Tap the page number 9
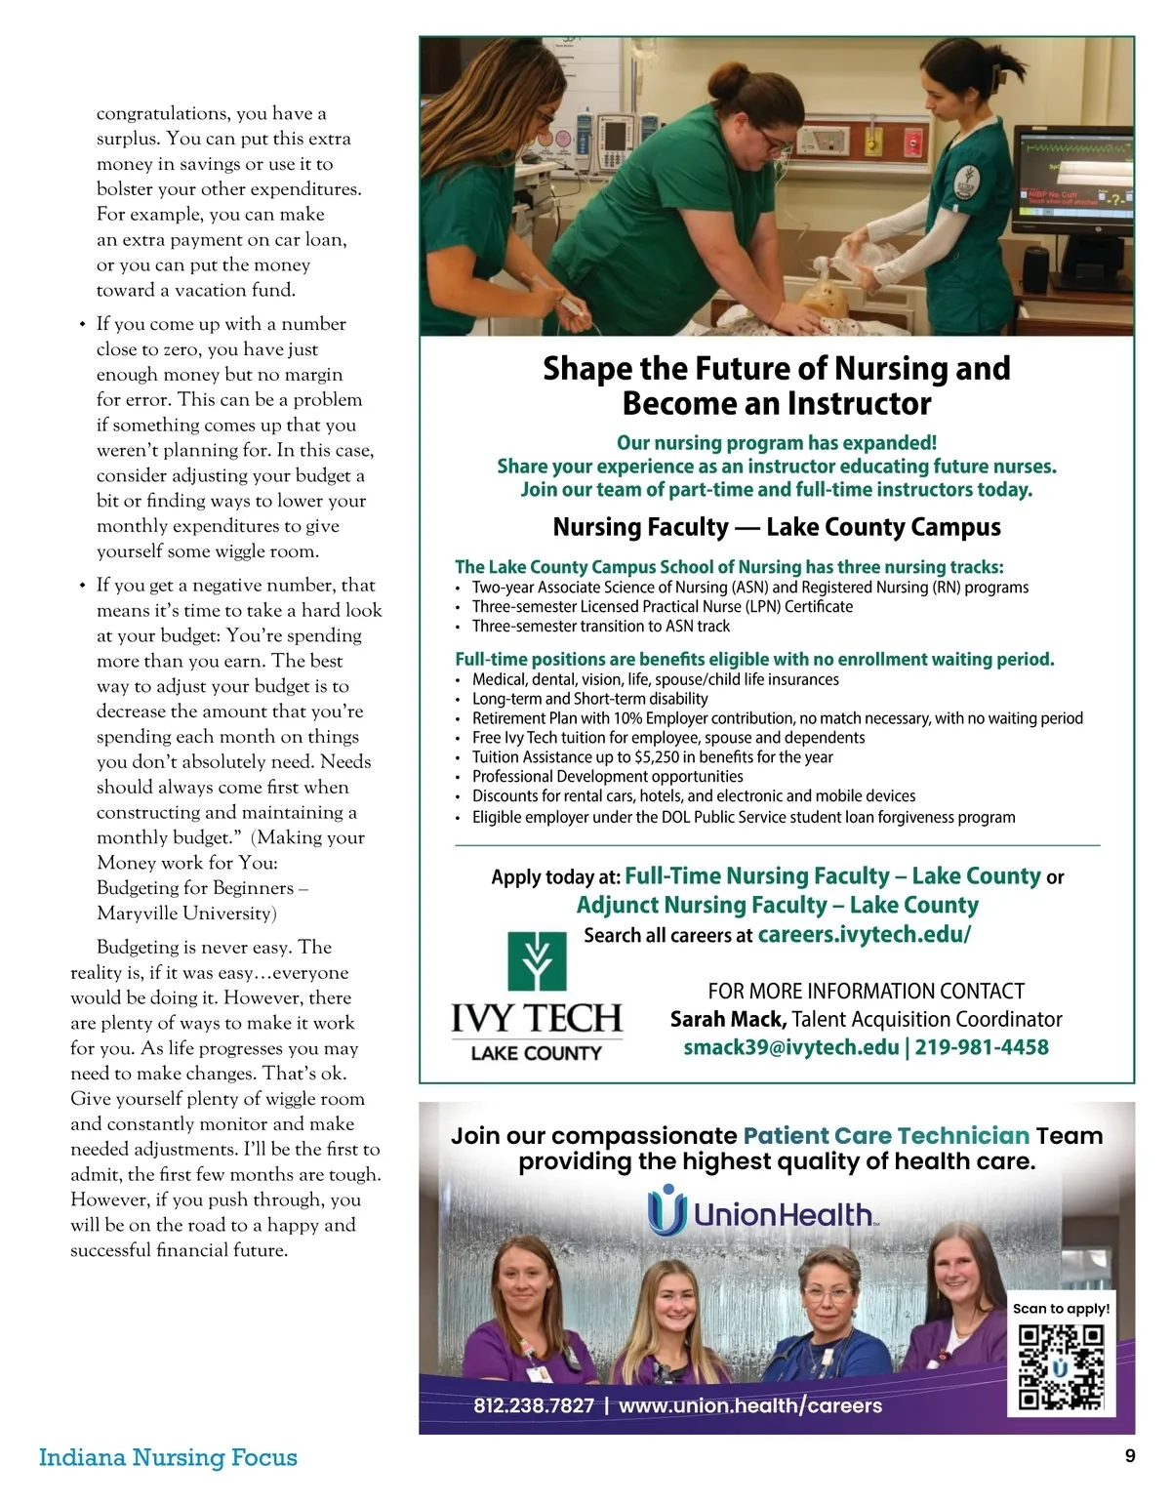point(1130,1456)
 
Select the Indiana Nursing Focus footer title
point(168,1457)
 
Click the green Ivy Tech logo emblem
point(537,961)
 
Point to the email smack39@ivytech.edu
point(791,1047)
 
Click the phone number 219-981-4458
point(982,1047)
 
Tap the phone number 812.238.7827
point(534,1405)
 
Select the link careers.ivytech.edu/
point(865,934)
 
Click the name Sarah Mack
point(727,1019)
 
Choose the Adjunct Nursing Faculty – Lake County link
point(777,905)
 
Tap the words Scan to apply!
point(1061,1309)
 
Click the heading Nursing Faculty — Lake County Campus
point(777,527)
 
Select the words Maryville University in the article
point(186,914)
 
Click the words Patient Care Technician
point(886,1136)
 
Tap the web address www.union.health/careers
point(749,1405)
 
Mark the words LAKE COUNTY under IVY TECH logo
point(536,1053)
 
